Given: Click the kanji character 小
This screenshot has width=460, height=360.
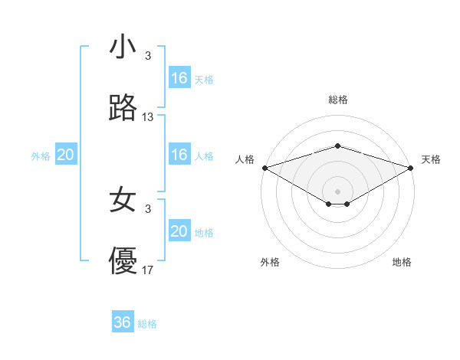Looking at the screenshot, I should [123, 47].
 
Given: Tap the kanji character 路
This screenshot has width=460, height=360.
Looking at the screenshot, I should [123, 109].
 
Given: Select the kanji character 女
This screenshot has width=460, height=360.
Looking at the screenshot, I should [123, 200].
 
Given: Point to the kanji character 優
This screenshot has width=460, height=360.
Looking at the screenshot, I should [123, 261].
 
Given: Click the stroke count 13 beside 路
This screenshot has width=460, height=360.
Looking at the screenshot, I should [148, 117].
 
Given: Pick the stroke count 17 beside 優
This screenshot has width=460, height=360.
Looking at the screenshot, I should [148, 270].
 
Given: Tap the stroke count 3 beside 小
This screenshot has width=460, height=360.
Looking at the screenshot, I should [148, 56].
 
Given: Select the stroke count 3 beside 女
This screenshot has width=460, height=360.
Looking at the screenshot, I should [148, 208].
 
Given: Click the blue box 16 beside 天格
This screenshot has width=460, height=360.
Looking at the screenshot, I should [179, 78].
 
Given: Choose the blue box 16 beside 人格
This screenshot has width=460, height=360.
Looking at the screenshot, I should [179, 155].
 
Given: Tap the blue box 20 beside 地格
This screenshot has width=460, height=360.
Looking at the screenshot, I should [179, 231].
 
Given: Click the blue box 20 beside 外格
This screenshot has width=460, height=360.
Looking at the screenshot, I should [66, 155].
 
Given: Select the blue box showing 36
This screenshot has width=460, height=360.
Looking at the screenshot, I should [123, 322].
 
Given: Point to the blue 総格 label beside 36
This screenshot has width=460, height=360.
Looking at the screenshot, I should [148, 324].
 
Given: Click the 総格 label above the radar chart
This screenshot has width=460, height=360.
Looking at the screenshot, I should [338, 100].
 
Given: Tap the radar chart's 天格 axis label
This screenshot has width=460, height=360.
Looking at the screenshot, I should [432, 159].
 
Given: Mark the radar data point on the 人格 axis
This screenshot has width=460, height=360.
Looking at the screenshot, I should [264, 168].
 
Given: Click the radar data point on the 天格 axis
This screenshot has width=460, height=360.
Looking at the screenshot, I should [412, 168].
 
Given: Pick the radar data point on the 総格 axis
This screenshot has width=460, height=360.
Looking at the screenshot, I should [338, 146].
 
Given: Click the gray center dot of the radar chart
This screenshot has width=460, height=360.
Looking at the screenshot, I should [338, 191].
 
